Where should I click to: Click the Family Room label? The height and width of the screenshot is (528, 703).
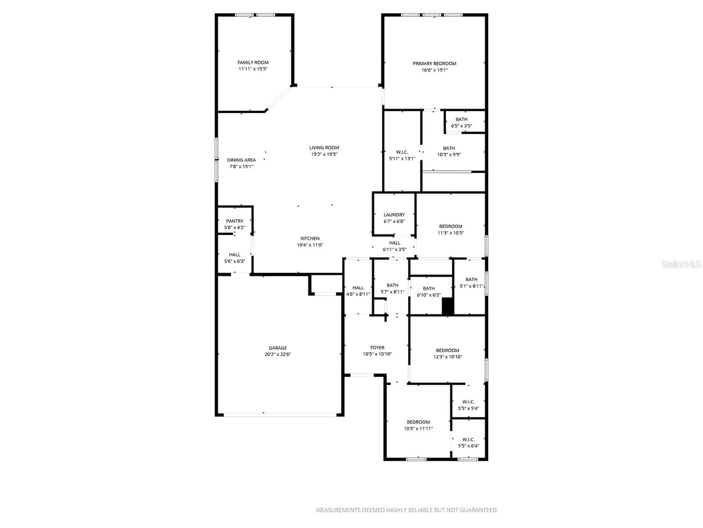coord(253,62)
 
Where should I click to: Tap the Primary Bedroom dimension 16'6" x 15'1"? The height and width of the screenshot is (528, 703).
coord(434,70)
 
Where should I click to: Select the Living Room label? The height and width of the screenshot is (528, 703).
coord(324,148)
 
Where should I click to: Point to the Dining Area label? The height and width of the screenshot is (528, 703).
coord(241,160)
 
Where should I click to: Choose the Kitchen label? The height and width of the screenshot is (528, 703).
coord(310,238)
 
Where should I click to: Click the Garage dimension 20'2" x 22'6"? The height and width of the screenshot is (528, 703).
coord(278,354)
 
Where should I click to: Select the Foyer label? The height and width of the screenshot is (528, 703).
coord(377,348)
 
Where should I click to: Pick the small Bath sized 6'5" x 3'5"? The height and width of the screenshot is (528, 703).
coord(461,122)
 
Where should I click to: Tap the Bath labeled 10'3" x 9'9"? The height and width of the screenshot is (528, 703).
coord(449,151)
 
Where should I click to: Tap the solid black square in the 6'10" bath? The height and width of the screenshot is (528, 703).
coord(447,306)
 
